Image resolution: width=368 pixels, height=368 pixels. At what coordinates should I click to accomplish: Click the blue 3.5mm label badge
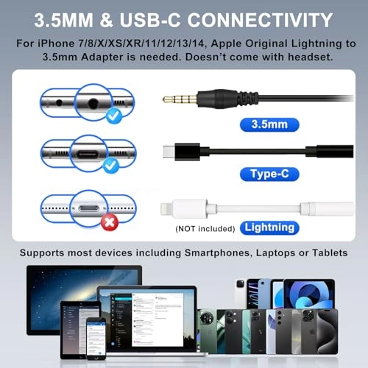pos(269,124)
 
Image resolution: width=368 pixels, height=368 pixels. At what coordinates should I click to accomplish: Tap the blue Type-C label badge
pos(269,174)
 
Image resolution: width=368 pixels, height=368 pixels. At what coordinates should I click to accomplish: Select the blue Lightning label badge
pos(269,228)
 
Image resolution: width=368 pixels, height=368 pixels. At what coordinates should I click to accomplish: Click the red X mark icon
pos(110,222)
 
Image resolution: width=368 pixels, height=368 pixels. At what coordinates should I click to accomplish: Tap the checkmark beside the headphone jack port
pos(114,116)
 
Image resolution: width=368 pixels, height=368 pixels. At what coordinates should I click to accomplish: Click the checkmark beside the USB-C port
pos(111,166)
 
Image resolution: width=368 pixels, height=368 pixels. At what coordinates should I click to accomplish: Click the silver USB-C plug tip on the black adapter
pos(169,152)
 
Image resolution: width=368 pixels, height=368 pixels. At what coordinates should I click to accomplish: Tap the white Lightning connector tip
pos(166,209)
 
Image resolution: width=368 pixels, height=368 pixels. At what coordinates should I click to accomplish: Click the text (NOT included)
pos(205,229)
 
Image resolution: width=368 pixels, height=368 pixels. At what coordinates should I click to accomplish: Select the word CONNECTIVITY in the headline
pos(260,20)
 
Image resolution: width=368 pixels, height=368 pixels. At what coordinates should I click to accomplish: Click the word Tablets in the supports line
pos(330,252)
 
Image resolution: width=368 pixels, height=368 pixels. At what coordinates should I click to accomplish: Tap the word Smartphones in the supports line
pos(219,253)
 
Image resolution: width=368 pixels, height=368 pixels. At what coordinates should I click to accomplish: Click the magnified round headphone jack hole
pos(93,103)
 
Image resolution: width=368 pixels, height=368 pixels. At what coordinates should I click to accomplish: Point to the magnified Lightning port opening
pos(89,208)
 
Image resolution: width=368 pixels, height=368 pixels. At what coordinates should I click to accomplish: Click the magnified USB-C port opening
pos(88,155)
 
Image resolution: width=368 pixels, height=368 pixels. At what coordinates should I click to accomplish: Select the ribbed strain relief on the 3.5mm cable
pos(248,99)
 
